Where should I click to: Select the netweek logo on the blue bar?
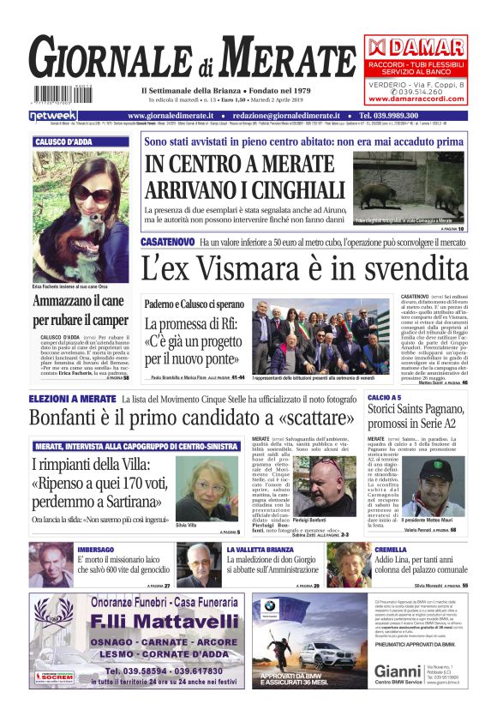[53, 115]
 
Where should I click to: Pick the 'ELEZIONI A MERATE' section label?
[72, 400]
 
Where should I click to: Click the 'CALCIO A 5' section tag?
[385, 399]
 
